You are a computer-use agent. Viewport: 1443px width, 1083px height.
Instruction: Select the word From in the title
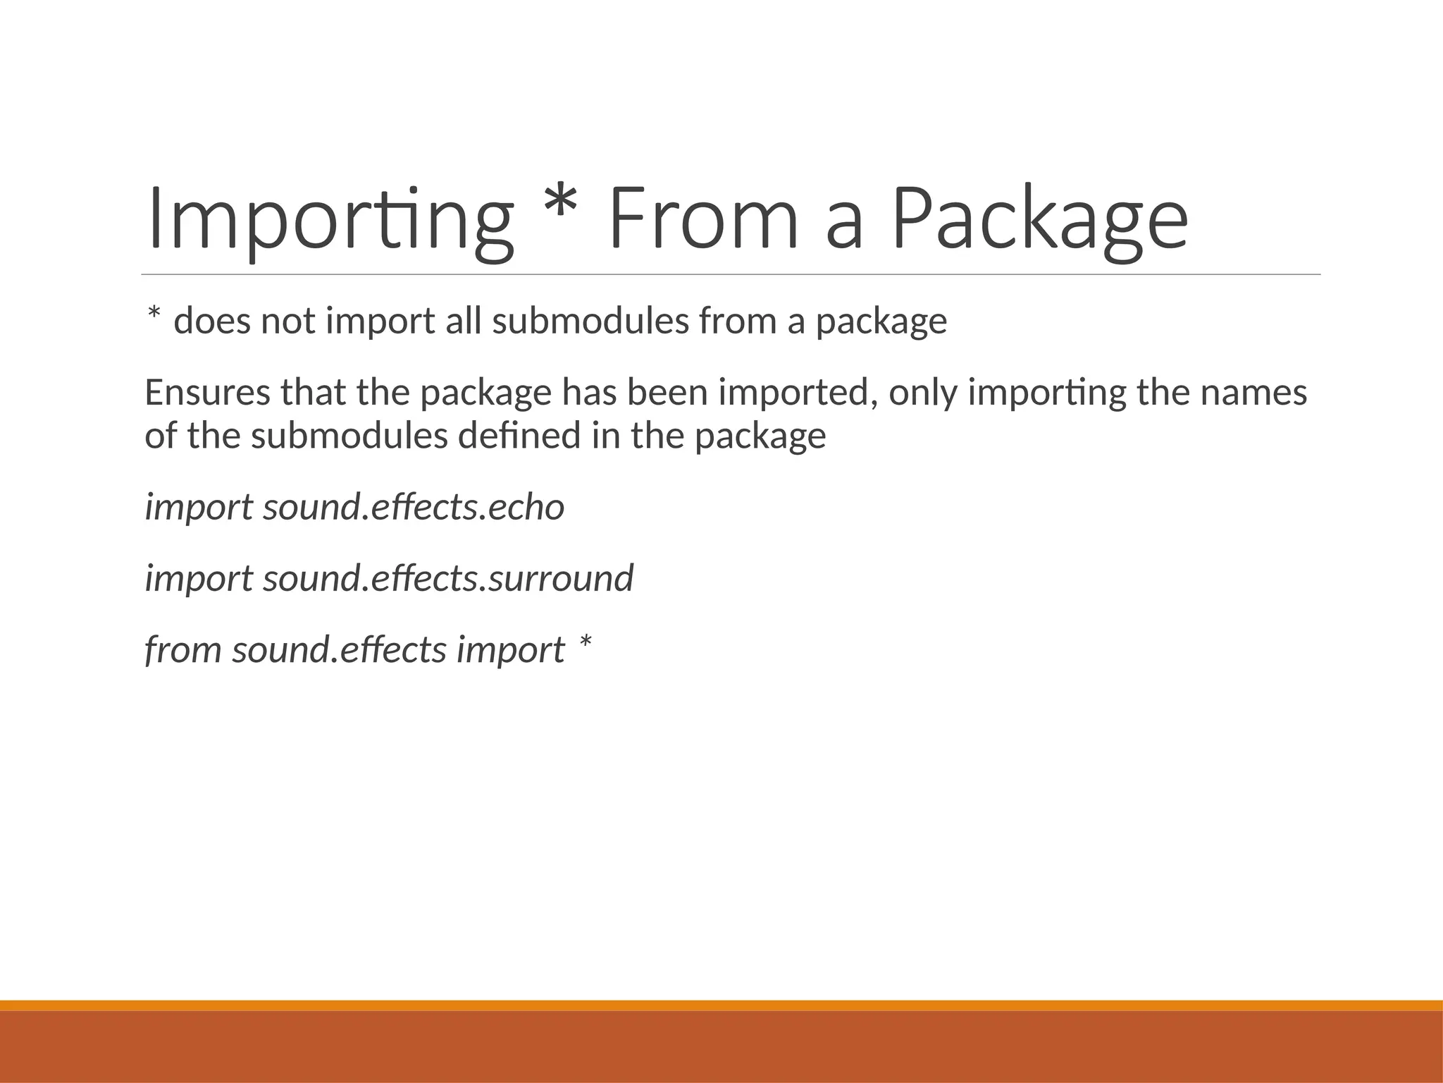click(x=703, y=219)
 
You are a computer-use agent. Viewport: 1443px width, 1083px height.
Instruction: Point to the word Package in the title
click(x=1040, y=219)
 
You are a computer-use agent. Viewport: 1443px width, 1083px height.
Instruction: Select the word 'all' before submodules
click(x=463, y=322)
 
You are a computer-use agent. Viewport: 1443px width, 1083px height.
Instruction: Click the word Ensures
click(x=207, y=393)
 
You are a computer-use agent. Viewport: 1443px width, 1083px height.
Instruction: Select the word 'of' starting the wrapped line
click(x=160, y=436)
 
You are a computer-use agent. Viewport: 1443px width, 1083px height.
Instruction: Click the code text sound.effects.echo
click(x=414, y=507)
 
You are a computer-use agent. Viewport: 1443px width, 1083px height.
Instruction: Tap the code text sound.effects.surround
click(x=448, y=578)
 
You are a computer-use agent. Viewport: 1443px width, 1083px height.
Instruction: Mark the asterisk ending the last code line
click(x=585, y=642)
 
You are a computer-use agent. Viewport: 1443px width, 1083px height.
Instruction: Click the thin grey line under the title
click(x=731, y=274)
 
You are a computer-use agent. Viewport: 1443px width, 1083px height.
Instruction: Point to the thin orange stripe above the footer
click(x=721, y=1005)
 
